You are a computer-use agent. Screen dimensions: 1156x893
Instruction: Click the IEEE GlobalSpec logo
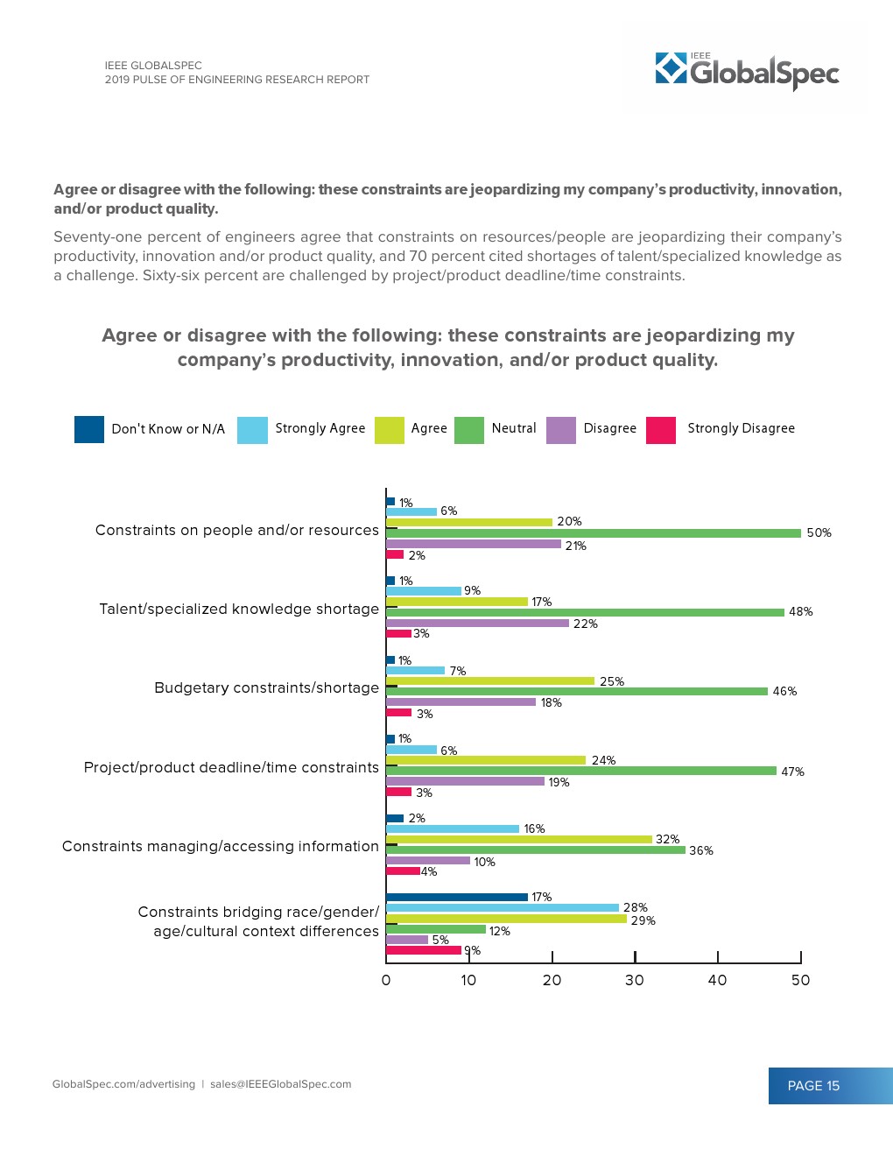(747, 70)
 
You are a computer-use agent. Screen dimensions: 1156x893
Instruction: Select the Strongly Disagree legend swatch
(661, 430)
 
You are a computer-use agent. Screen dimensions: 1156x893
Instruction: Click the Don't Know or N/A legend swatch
(89, 430)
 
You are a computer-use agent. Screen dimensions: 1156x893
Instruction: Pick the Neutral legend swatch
(469, 430)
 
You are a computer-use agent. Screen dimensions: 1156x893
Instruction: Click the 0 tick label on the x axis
(386, 980)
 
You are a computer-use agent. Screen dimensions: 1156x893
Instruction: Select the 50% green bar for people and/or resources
(594, 533)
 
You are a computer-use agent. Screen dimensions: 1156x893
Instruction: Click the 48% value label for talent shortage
(801, 612)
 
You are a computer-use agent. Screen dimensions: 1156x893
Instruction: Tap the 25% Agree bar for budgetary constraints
(490, 681)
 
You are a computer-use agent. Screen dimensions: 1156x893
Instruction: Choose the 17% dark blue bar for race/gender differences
(457, 897)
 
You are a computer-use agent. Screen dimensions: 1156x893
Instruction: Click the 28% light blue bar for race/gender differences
(503, 907)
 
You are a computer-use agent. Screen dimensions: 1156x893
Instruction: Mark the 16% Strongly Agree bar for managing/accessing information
(453, 828)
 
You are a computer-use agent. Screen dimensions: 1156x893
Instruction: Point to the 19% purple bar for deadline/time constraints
(465, 781)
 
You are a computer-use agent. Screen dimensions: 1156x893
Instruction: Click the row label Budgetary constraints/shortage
(266, 688)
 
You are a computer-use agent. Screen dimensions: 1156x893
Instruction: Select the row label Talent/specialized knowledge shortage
(239, 610)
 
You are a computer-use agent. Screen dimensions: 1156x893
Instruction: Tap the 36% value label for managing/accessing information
(701, 850)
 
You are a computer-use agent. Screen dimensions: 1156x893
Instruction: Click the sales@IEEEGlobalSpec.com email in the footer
(280, 1084)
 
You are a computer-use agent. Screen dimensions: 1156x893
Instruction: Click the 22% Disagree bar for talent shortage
(477, 624)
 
